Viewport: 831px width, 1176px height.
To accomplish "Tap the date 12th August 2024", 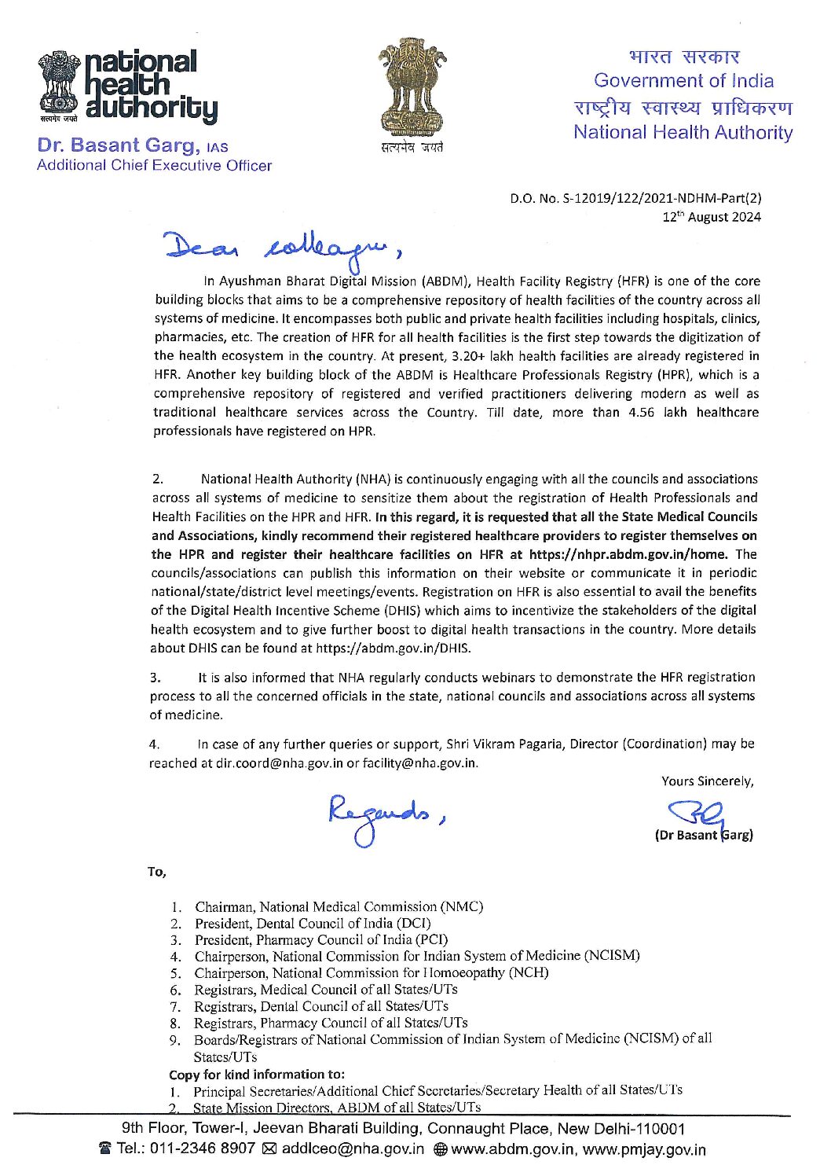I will tap(712, 217).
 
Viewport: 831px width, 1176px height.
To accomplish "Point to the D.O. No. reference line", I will tap(635, 198).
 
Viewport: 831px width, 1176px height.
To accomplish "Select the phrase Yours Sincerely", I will tap(707, 781).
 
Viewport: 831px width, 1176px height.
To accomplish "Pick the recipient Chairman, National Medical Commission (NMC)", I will tap(339, 906).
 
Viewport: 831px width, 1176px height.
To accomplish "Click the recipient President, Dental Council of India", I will tap(313, 923).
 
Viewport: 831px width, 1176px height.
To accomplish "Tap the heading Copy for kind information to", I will tap(257, 1074).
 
